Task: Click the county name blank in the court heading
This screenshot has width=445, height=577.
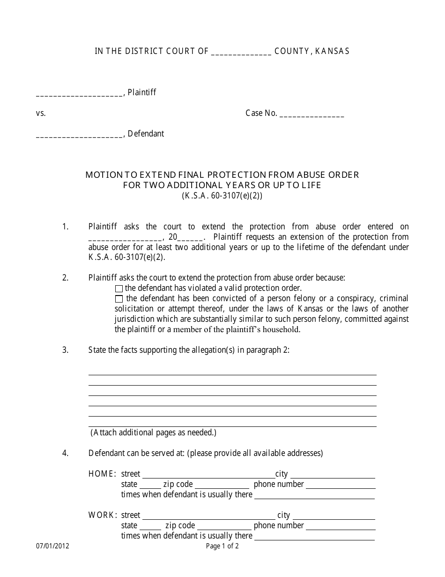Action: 241,53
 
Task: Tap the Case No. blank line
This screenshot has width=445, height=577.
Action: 311,114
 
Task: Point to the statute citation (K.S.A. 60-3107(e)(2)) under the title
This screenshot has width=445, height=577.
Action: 222,196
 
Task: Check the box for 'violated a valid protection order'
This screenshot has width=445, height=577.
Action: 119,288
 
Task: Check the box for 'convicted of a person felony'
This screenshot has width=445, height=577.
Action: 119,299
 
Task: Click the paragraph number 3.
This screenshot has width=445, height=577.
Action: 65,350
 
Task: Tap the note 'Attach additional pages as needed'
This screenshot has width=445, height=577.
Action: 153,433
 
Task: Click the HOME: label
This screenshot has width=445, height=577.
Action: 102,474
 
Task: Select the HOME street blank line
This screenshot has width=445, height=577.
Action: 208,475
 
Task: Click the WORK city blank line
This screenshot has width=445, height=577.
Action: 333,516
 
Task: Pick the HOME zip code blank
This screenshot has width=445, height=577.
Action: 222,486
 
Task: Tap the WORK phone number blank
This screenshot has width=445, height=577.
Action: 340,527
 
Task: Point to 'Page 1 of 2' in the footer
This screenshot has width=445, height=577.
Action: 222,546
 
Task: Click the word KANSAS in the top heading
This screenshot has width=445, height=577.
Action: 332,52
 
